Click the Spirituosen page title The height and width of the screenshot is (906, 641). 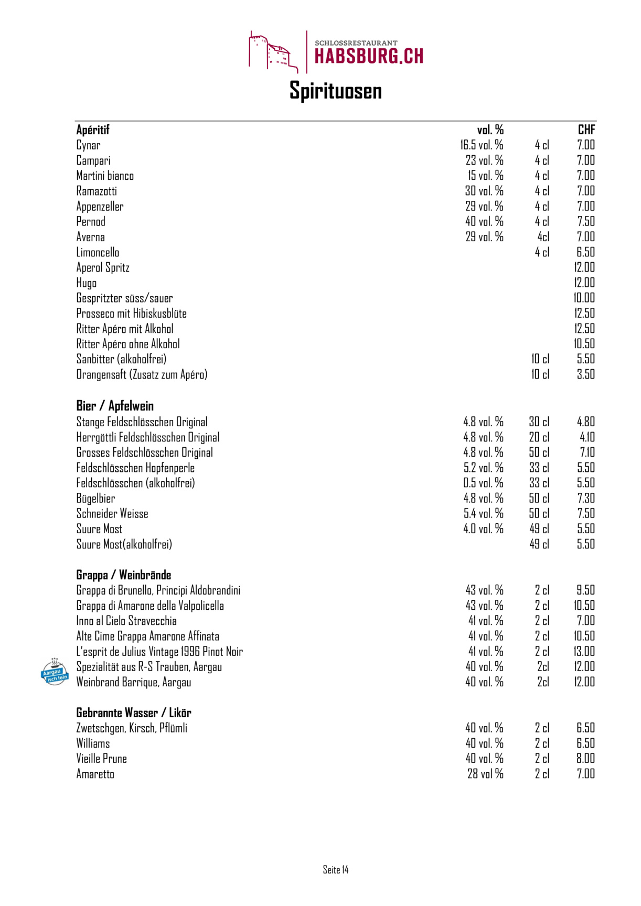(x=336, y=91)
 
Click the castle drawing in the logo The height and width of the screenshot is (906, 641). (x=270, y=51)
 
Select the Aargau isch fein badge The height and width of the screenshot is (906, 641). (x=55, y=672)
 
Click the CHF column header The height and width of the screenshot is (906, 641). (x=586, y=130)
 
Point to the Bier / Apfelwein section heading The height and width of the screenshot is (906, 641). (x=115, y=406)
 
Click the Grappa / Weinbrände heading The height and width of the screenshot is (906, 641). (x=124, y=575)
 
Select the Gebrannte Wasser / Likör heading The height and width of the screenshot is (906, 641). (x=134, y=713)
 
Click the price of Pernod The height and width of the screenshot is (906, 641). (x=586, y=221)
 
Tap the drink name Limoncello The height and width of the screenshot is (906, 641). (x=98, y=252)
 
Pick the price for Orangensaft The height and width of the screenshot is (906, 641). (x=586, y=374)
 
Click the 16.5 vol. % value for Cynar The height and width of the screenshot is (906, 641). (x=482, y=145)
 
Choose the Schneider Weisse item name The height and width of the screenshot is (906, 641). (x=112, y=514)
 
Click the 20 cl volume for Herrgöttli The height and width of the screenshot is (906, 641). (x=539, y=437)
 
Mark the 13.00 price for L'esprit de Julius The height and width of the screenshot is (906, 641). (x=584, y=651)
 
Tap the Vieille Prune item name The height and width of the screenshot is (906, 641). (x=102, y=759)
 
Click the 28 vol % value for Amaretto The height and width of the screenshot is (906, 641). (x=485, y=774)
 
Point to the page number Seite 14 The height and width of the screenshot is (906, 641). (x=336, y=870)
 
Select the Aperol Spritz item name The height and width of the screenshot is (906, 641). (x=103, y=267)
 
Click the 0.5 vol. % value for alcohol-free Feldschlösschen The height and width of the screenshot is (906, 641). (x=483, y=483)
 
